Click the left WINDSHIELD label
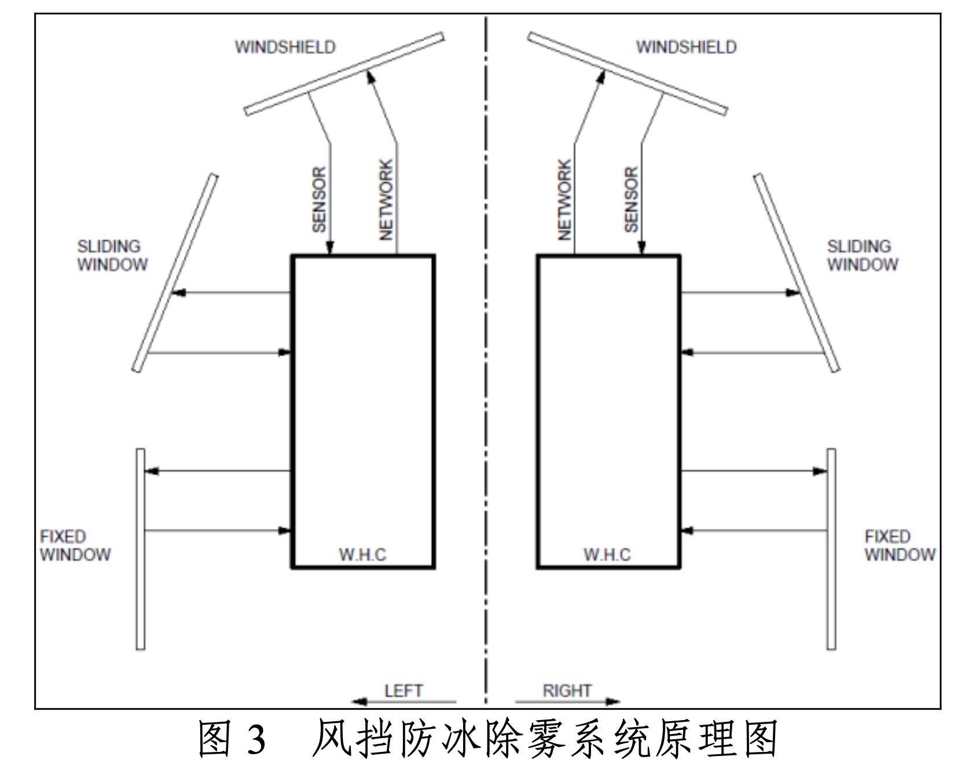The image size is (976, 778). click(x=285, y=47)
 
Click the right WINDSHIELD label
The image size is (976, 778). click(x=686, y=47)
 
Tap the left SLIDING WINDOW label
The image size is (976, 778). click(x=112, y=255)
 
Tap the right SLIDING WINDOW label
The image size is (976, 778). click(x=862, y=255)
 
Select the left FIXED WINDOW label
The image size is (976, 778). click(x=75, y=545)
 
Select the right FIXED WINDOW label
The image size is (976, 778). click(x=900, y=545)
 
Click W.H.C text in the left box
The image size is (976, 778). click(x=362, y=555)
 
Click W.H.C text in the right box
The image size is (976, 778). click(x=607, y=555)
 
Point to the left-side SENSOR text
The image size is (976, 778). click(x=319, y=200)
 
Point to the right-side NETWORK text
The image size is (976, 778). click(x=564, y=200)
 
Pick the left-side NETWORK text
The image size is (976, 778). click(x=386, y=200)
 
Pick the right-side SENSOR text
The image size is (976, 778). click(x=631, y=200)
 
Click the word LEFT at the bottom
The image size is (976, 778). click(x=403, y=691)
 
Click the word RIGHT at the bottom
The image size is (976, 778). click(x=567, y=691)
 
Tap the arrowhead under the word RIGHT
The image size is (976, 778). click(x=613, y=702)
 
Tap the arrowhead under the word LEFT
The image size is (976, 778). click(x=359, y=702)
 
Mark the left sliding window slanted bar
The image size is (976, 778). click(x=175, y=272)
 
